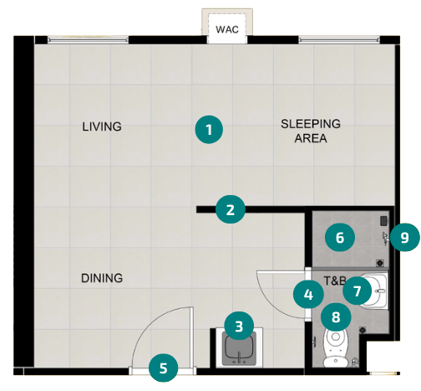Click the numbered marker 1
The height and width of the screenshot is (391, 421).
click(x=209, y=130)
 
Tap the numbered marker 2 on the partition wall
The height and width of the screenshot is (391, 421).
click(x=231, y=209)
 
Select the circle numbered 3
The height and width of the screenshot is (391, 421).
click(x=239, y=326)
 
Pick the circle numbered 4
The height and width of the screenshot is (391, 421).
click(x=308, y=294)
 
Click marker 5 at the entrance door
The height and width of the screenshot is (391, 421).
click(x=164, y=368)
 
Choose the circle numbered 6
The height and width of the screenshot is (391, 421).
click(x=340, y=237)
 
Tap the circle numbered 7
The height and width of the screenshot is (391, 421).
click(x=357, y=291)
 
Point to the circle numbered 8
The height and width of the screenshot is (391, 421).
click(x=336, y=317)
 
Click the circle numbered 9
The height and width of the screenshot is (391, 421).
click(x=404, y=237)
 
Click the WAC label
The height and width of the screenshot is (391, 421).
click(x=227, y=29)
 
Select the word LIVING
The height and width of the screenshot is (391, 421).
click(x=102, y=126)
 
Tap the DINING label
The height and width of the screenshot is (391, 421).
click(x=102, y=278)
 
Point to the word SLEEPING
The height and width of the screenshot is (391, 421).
click(x=311, y=124)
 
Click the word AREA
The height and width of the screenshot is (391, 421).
click(x=311, y=138)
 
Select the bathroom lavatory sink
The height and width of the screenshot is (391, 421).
click(x=373, y=291)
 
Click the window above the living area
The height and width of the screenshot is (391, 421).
click(x=88, y=40)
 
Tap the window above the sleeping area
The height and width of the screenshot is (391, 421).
click(x=339, y=40)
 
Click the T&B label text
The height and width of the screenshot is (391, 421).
click(x=335, y=280)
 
